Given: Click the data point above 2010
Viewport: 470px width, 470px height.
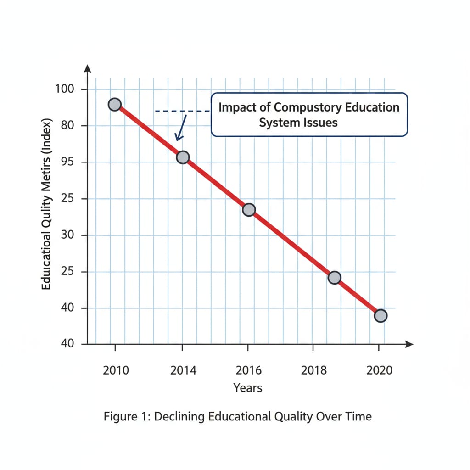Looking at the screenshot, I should tap(114, 105).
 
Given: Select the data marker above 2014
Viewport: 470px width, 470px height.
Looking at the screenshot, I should tap(183, 157).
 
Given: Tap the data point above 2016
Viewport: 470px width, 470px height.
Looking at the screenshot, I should tap(248, 210).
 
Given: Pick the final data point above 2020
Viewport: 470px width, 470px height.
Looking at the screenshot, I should tap(380, 316).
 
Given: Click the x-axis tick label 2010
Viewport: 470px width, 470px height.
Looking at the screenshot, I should tap(116, 370).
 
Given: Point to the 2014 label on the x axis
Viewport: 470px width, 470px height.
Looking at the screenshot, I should tap(183, 370).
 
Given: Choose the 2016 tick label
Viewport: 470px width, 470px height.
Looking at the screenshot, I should tap(248, 370).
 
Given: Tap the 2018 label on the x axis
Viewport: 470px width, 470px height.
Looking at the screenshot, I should tap(314, 370).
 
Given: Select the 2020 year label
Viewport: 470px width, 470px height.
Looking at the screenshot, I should tap(380, 370).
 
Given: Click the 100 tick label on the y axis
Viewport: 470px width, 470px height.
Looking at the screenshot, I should tap(65, 89).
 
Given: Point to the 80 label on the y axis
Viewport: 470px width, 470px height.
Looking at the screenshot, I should tap(67, 126).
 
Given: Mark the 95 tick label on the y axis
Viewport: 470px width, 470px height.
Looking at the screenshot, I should tap(67, 162).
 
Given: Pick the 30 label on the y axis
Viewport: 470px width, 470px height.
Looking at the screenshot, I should tap(67, 235).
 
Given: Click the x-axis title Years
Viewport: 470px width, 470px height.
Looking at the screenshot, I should tap(248, 388).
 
